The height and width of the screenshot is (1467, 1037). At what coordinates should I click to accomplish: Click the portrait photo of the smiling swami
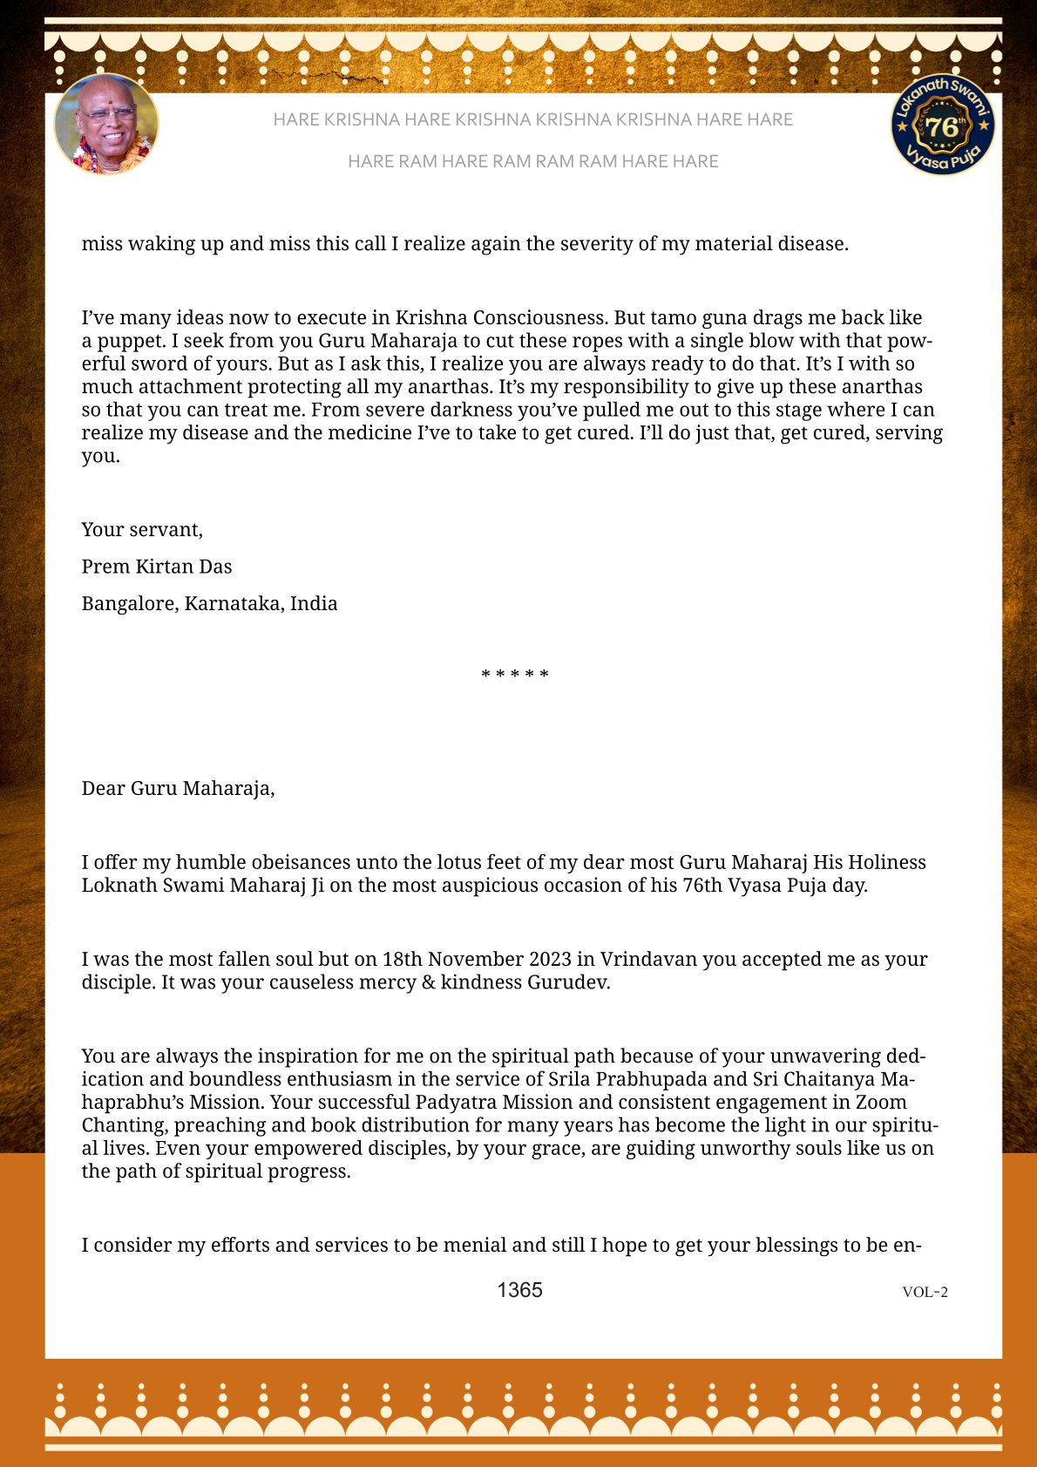point(106,125)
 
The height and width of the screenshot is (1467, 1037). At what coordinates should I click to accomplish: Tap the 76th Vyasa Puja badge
point(943,125)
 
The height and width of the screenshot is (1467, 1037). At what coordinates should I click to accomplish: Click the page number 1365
point(519,1290)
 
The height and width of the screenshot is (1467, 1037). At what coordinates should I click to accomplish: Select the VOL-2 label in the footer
point(925,1292)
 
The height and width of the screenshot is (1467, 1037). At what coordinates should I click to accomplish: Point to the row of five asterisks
point(515,675)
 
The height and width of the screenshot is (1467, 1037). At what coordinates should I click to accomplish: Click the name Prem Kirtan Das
point(157,567)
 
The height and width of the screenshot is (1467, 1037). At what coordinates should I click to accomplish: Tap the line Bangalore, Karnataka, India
point(209,603)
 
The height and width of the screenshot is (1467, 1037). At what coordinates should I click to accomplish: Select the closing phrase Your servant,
point(142,529)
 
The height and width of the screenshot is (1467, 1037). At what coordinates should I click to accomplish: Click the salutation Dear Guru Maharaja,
point(178,788)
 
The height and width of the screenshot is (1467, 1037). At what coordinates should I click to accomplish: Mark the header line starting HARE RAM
point(532,161)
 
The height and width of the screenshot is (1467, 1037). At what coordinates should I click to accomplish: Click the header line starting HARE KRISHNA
point(532,119)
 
